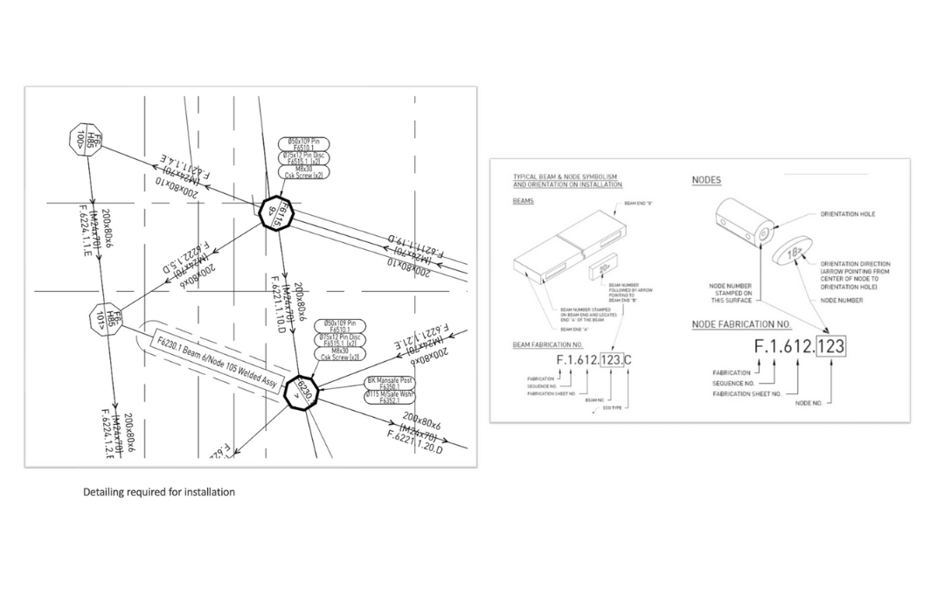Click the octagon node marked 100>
[86, 140]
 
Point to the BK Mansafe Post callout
[389, 382]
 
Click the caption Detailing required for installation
[159, 492]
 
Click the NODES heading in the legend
[706, 181]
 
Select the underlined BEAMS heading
[523, 200]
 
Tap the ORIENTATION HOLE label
[847, 214]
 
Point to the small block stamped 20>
[604, 265]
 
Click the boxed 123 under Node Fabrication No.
[830, 347]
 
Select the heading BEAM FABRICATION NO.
[548, 345]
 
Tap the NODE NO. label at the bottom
[809, 403]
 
